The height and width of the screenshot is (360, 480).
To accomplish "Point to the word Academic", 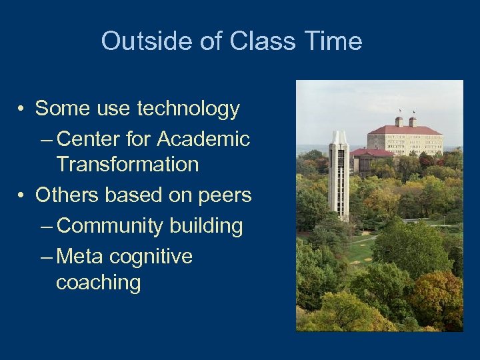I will pos(203,139).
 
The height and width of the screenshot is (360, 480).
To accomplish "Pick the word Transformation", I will pos(127,164).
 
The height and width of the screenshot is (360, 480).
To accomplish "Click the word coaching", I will pos(99,282).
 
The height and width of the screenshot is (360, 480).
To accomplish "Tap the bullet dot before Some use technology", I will pos(22,109).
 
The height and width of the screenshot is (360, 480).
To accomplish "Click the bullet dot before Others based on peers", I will pos(22,196).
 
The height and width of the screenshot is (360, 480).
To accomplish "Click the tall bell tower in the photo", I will pos(339,177).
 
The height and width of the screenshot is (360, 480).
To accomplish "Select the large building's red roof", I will pos(405,130).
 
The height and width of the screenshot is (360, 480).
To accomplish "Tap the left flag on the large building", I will pos(400,111).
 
